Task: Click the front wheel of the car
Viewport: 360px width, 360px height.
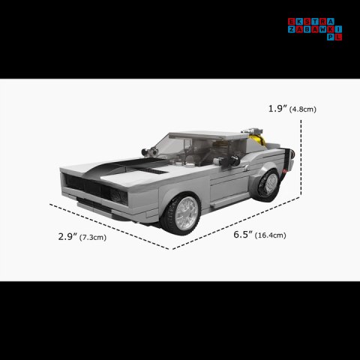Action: pos(181,214)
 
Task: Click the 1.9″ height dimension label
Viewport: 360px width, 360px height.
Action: pos(277,109)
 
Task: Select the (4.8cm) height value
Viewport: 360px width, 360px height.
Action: pos(303,109)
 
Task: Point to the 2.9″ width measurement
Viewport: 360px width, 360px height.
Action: pos(67,237)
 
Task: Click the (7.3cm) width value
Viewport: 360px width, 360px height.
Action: pos(93,237)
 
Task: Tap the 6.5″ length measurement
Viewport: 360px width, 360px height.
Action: pos(243,235)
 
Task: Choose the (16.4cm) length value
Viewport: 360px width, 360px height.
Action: pos(270,235)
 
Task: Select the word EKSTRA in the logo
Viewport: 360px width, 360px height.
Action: pos(311,22)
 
